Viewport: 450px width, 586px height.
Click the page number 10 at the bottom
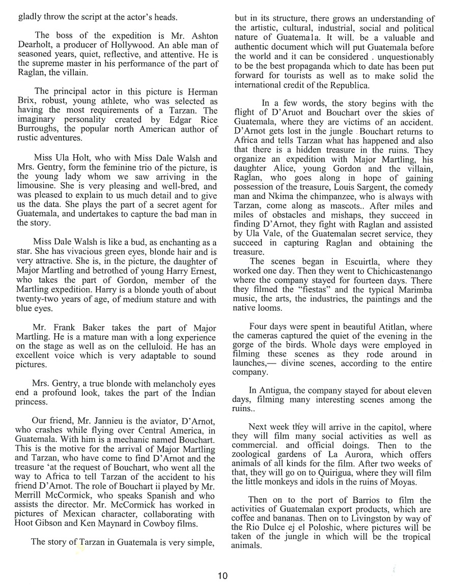tap(223, 576)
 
